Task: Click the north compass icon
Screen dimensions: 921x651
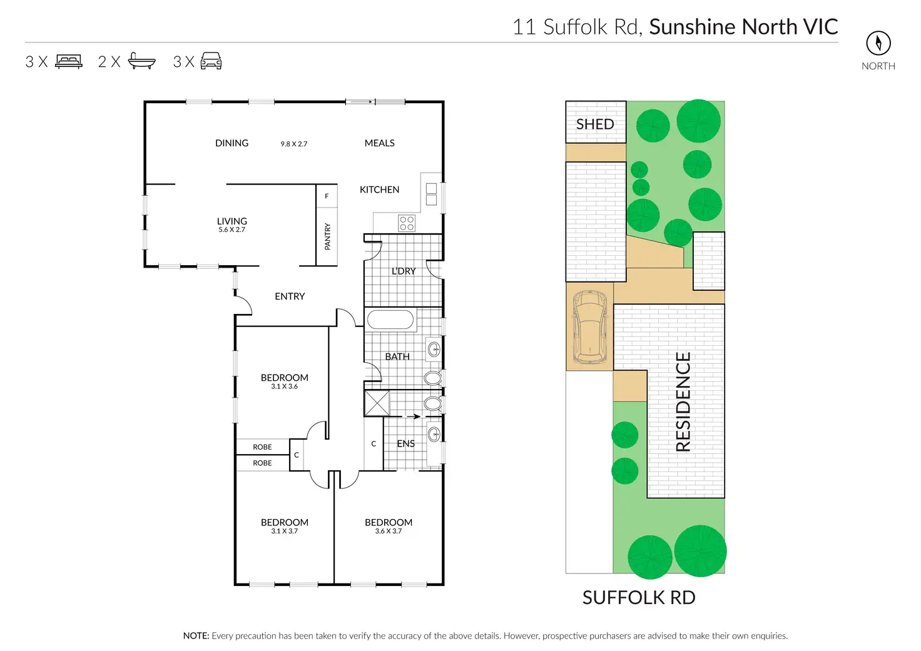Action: coord(878,43)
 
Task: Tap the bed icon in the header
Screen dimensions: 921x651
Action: coord(69,61)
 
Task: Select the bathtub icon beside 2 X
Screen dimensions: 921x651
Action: coord(141,61)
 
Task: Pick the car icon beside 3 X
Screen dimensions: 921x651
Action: coord(211,61)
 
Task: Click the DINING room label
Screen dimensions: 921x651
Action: coord(232,143)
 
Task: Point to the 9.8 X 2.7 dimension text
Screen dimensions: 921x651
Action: coord(293,144)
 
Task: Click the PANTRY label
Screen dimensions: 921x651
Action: coord(327,237)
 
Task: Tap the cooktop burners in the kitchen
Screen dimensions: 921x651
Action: coord(407,223)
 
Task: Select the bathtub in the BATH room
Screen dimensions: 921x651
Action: coord(390,320)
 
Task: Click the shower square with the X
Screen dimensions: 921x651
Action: coord(377,403)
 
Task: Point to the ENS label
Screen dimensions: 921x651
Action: coord(405,443)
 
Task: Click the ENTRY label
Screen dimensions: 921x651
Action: coord(290,296)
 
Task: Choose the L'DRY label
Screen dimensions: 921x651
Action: coord(404,271)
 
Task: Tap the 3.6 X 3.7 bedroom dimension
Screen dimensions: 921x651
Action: coord(388,532)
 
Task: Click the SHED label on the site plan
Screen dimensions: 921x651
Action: coord(594,124)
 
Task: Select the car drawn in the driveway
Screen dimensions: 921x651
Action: coord(589,326)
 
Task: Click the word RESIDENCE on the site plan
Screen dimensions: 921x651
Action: coord(683,401)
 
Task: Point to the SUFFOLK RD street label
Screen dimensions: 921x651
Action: coord(638,598)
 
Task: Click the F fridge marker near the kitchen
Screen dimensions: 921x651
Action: coord(327,196)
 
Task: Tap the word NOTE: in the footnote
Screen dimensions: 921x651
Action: coord(196,636)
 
